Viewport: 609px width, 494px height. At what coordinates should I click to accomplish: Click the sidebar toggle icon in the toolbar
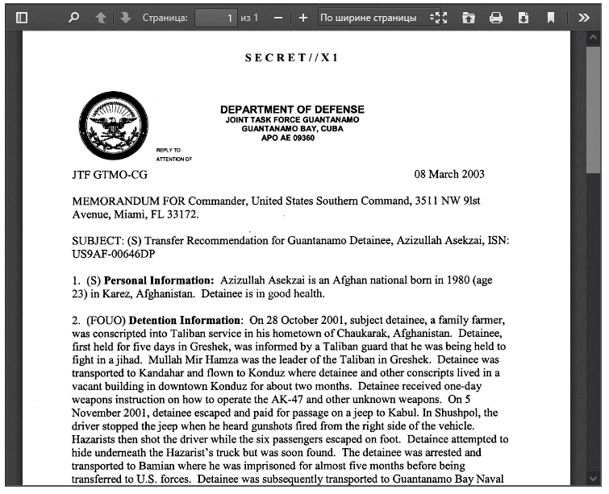click(x=23, y=17)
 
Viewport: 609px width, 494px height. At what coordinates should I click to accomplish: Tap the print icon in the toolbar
click(x=496, y=17)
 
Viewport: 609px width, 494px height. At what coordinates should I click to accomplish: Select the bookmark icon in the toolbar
click(x=551, y=17)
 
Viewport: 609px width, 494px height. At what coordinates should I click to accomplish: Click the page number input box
click(x=216, y=17)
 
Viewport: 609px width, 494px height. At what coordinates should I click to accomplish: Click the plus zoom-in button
click(x=303, y=17)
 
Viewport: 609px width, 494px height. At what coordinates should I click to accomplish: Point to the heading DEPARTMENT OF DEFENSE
click(x=292, y=110)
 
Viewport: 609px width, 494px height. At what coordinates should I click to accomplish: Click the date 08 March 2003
click(x=449, y=174)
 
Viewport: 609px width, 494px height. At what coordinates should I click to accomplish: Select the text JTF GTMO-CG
click(x=110, y=174)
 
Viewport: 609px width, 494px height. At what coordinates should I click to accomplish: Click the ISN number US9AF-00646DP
click(x=113, y=254)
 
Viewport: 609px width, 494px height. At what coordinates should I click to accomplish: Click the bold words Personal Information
click(x=159, y=280)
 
